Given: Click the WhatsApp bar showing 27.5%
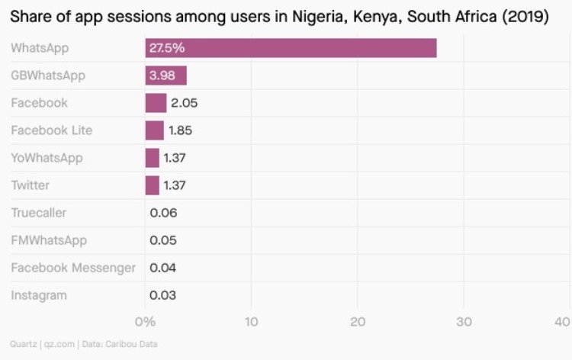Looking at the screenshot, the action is click(x=291, y=48).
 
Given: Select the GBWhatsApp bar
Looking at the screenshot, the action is click(x=166, y=76).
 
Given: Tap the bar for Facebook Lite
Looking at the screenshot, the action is click(x=155, y=130).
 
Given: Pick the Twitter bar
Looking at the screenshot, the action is click(x=152, y=185).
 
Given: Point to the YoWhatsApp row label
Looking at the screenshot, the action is click(x=47, y=159).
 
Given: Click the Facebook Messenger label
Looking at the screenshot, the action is click(x=73, y=268).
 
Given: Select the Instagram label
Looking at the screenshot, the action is click(x=39, y=295).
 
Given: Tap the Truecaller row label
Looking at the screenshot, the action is click(x=39, y=213).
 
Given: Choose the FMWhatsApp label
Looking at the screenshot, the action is click(x=49, y=241).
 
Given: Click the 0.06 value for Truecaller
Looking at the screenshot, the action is click(x=163, y=213).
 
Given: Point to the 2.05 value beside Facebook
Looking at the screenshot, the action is click(x=185, y=103).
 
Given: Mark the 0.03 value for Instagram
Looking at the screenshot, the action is click(x=162, y=295).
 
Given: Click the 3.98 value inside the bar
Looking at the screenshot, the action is click(x=162, y=76).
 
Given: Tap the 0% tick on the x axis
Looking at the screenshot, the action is click(x=145, y=322).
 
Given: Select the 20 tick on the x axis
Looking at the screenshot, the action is click(x=358, y=322).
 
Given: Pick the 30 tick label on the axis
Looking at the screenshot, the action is click(x=464, y=322).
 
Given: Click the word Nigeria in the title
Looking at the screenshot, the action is click(x=320, y=17).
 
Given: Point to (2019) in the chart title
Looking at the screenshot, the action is click(x=525, y=17).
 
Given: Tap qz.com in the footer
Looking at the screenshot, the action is click(x=59, y=344).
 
